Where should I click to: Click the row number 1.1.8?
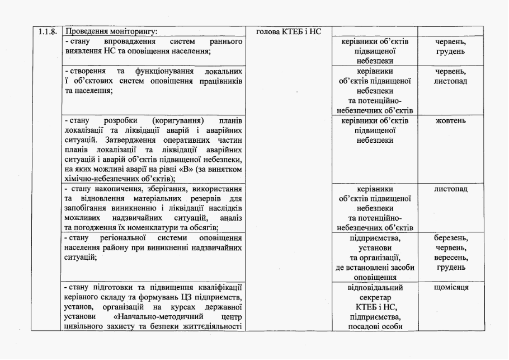pyautogui.click(x=48, y=32)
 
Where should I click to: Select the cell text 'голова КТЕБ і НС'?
pyautogui.click(x=288, y=32)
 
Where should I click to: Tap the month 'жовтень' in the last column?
pyautogui.click(x=450, y=121)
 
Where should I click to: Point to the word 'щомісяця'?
pyautogui.click(x=450, y=287)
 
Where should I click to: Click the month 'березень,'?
pyautogui.click(x=450, y=237)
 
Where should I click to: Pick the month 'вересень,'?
pyautogui.click(x=450, y=258)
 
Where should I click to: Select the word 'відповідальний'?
pyautogui.click(x=375, y=288)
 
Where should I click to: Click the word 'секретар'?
pyautogui.click(x=375, y=298)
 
